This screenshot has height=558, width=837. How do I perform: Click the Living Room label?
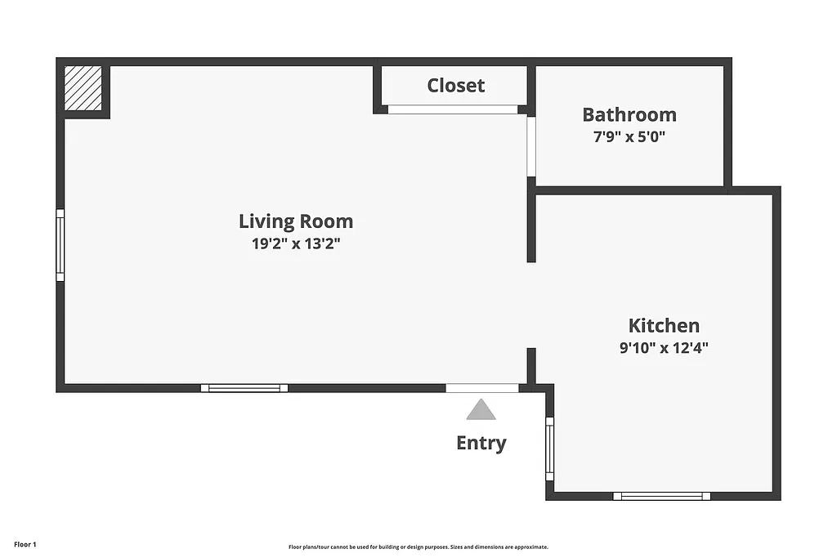point(296,221)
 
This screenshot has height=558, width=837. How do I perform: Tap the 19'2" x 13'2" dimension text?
point(296,243)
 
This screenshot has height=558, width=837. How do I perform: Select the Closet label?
point(456,85)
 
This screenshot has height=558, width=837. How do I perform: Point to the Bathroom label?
point(629,114)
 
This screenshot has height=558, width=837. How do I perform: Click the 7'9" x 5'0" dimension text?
point(629,136)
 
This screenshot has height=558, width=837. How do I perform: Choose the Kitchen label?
point(664,325)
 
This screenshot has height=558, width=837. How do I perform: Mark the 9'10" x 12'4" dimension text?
point(664,347)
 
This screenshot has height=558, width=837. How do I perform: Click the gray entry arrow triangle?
point(481,409)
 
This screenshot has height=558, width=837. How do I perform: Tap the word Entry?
point(481,443)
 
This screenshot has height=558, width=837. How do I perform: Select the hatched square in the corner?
point(83,88)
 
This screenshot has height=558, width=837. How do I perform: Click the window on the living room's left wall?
point(60,245)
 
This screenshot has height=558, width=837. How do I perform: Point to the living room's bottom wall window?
point(244,387)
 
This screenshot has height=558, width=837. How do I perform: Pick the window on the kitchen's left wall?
point(549,449)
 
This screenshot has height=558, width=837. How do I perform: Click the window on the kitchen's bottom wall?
point(662,495)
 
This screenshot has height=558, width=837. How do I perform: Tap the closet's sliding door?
point(453,109)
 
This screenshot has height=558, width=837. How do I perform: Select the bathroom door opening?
point(531,147)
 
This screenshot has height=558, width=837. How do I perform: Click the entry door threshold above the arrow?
point(482,388)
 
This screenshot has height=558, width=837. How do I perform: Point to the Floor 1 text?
point(25,544)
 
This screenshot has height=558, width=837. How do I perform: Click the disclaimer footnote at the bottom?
point(418,547)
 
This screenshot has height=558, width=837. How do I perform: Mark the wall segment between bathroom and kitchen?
point(629,190)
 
